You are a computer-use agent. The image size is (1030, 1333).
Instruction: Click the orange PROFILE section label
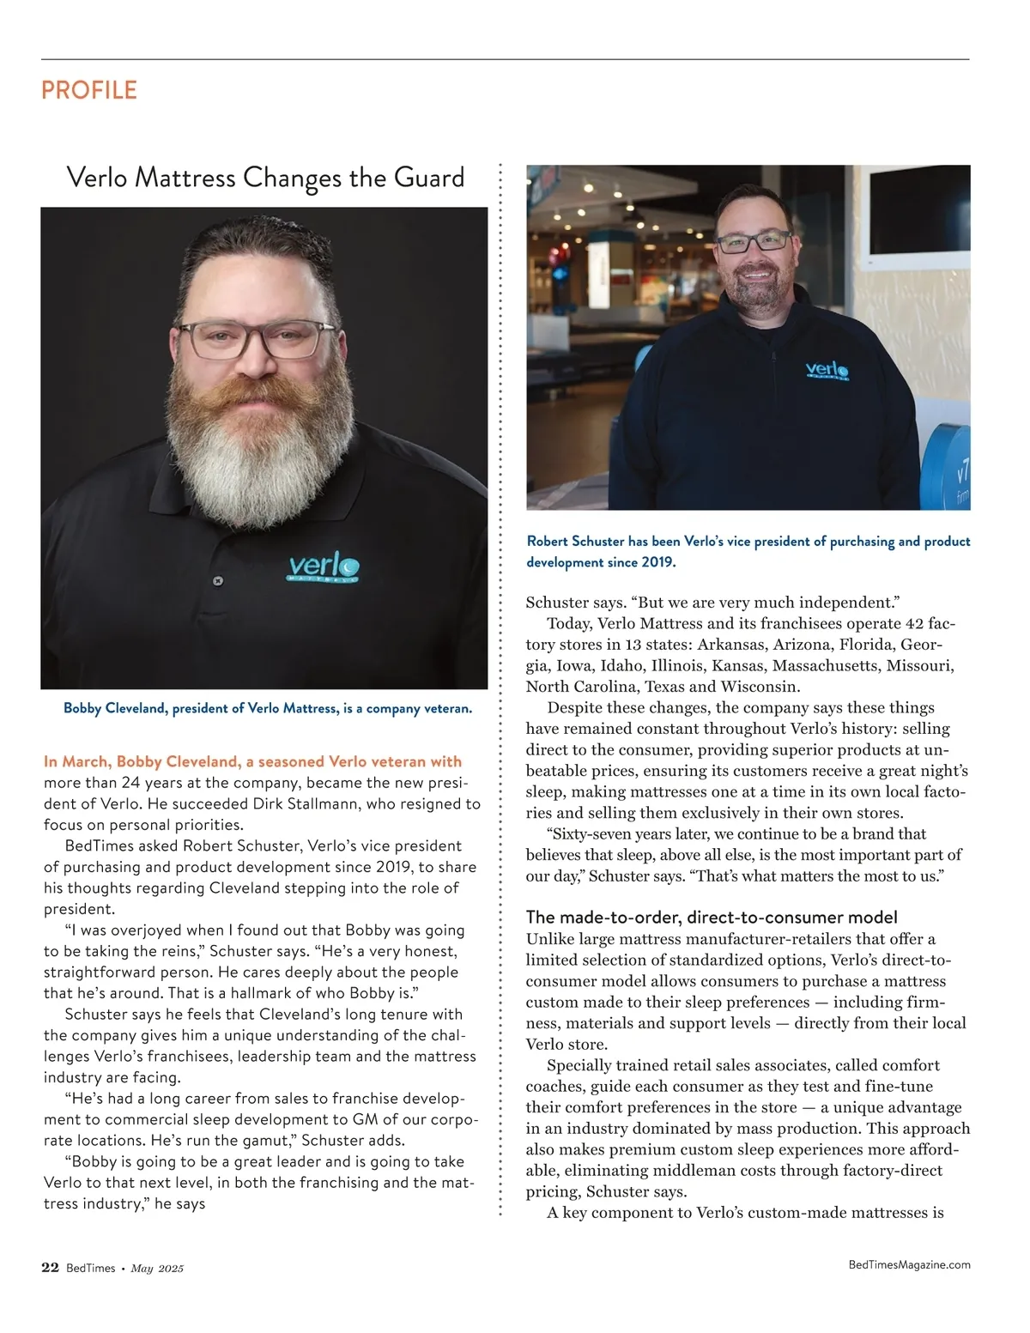(x=89, y=90)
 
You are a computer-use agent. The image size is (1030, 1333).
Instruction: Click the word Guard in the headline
(x=428, y=178)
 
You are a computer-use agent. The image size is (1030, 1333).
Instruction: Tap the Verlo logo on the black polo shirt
(x=322, y=568)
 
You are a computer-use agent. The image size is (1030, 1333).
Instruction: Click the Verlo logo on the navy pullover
(x=827, y=371)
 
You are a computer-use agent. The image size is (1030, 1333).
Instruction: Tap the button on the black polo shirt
(x=218, y=581)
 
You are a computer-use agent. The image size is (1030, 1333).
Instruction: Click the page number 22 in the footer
(x=50, y=1268)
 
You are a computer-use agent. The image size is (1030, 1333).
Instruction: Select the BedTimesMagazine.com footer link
(x=909, y=1264)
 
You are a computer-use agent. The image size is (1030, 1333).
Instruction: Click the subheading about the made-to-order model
(x=712, y=917)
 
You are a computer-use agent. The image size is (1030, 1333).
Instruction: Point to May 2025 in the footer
(x=157, y=1269)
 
